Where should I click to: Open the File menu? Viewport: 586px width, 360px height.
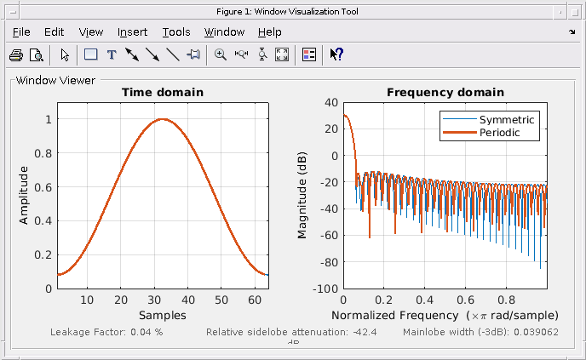pyautogui.click(x=21, y=32)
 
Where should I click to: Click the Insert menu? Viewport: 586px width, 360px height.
pyautogui.click(x=132, y=32)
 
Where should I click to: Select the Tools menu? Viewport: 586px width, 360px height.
pyautogui.click(x=176, y=32)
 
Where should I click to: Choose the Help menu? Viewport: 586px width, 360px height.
pyautogui.click(x=269, y=32)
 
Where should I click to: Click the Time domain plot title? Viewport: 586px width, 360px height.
pyautogui.click(x=162, y=92)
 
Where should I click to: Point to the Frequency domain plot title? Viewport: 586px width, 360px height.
pyautogui.click(x=445, y=92)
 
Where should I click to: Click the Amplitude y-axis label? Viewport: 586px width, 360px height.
pyautogui.click(x=24, y=196)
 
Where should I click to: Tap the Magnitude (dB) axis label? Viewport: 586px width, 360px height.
pyautogui.click(x=302, y=196)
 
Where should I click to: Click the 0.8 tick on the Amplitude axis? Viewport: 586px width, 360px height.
pyautogui.click(x=43, y=153)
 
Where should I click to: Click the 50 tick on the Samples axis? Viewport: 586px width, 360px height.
pyautogui.click(x=221, y=300)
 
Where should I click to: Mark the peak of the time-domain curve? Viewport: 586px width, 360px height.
pyautogui.click(x=163, y=119)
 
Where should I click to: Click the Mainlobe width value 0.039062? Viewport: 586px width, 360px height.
pyautogui.click(x=534, y=331)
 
